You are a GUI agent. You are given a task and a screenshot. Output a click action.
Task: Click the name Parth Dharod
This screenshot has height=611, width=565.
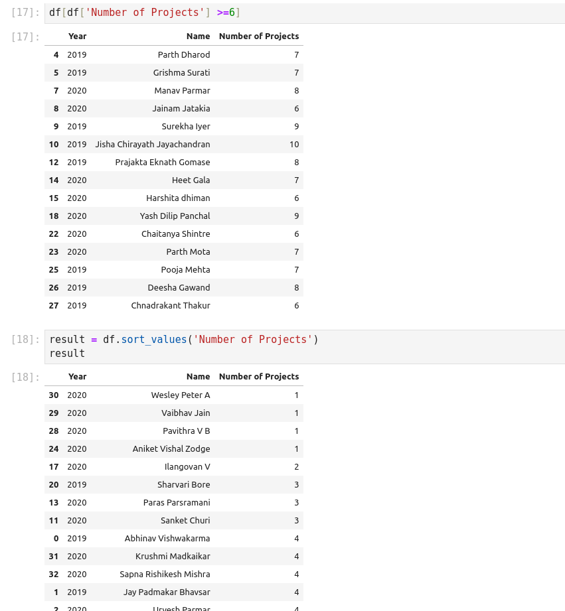pyautogui.click(x=184, y=55)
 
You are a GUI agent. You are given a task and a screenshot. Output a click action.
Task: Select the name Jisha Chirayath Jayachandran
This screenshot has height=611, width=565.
pyautogui.click(x=153, y=145)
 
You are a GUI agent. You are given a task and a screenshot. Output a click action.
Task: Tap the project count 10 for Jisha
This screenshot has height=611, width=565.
pyautogui.click(x=294, y=145)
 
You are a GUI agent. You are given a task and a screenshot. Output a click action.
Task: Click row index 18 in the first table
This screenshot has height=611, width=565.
pyautogui.click(x=54, y=216)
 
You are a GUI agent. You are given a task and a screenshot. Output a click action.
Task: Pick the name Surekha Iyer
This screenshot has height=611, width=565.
pyautogui.click(x=186, y=127)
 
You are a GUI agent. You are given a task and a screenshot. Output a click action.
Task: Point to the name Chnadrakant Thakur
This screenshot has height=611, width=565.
pyautogui.click(x=171, y=306)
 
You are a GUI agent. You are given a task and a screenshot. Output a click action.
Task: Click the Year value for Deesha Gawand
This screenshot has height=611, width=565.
pyautogui.click(x=77, y=288)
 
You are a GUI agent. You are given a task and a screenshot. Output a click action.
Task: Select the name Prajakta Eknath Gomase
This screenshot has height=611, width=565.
pyautogui.click(x=163, y=163)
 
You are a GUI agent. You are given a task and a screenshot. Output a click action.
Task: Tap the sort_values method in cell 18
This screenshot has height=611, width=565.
pyautogui.click(x=154, y=340)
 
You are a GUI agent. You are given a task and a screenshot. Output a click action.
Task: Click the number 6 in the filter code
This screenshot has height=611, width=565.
pyautogui.click(x=232, y=13)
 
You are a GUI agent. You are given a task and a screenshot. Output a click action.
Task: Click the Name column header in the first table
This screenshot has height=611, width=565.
pyautogui.click(x=198, y=36)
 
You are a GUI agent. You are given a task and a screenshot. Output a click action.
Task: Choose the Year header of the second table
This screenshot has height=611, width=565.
pyautogui.click(x=78, y=377)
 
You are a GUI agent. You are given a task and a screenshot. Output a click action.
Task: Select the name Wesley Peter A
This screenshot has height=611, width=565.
pyautogui.click(x=181, y=395)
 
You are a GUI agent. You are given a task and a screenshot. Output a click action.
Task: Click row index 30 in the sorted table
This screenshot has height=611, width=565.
pyautogui.click(x=54, y=395)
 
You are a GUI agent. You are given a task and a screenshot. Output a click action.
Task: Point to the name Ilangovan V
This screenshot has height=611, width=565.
pyautogui.click(x=187, y=467)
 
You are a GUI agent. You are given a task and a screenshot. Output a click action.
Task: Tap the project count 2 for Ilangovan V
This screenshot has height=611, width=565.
pyautogui.click(x=297, y=467)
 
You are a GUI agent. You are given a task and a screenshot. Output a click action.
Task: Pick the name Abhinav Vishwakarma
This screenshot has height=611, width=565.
pyautogui.click(x=167, y=539)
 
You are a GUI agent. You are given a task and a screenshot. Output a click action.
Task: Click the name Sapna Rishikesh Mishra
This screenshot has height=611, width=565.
pyautogui.click(x=165, y=575)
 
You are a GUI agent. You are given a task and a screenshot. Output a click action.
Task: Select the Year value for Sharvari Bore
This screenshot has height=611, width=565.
pyautogui.click(x=77, y=485)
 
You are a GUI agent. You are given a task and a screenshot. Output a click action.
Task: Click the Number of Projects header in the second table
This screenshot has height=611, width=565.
pyautogui.click(x=259, y=377)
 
